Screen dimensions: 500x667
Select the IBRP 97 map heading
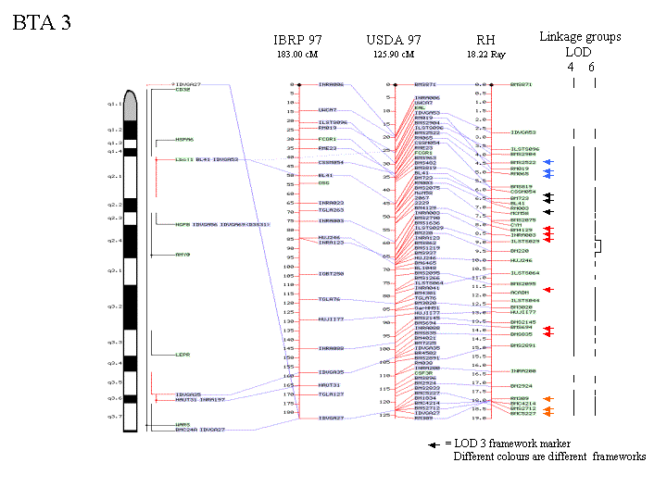click(298, 40)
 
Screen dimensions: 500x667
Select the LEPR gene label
click(182, 354)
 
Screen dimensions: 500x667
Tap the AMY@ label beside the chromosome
click(182, 254)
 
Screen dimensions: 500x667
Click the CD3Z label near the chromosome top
click(182, 90)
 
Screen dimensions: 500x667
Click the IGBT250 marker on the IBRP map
click(332, 274)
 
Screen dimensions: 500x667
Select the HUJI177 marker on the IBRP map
click(332, 319)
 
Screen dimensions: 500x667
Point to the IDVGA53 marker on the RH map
click(524, 132)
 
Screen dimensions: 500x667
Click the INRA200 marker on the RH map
click(523, 370)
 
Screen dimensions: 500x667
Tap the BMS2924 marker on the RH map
click(523, 385)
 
